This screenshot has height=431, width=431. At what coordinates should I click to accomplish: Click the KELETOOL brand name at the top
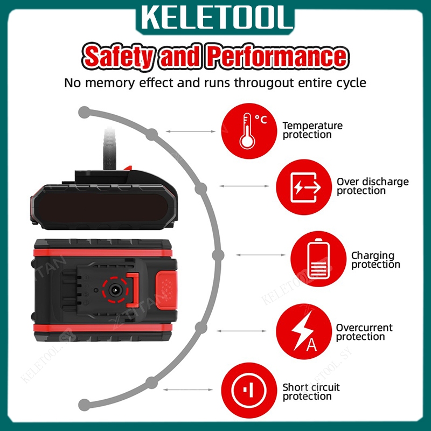pos(215,17)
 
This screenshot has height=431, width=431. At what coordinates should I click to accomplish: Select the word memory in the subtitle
pos(110,83)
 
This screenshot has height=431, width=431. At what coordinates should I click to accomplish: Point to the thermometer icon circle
pos(249,131)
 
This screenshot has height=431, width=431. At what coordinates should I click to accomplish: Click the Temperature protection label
pos(312,130)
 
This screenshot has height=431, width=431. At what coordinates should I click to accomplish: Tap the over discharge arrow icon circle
pos(304,187)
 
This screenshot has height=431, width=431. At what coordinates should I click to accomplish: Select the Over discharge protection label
pos(372,186)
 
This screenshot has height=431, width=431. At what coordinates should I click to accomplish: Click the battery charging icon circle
pos(318,259)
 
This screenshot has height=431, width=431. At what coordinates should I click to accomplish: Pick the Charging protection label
pos(376,260)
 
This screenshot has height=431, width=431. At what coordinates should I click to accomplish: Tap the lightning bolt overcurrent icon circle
pos(304,331)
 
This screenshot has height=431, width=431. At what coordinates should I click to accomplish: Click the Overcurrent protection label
pos(364,332)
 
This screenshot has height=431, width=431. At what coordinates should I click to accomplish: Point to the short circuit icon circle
pos(249,390)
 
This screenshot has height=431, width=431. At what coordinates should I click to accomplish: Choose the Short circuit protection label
pos(311,392)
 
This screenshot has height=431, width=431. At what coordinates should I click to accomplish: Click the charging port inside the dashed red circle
pos(115,290)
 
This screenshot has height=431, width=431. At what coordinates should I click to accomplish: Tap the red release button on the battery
pos(166,289)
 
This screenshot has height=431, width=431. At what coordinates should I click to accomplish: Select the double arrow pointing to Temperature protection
pos(191,131)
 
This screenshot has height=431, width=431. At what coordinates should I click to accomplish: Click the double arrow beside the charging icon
pos(261,255)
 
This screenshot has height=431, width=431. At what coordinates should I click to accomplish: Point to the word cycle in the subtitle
pos(352,84)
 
